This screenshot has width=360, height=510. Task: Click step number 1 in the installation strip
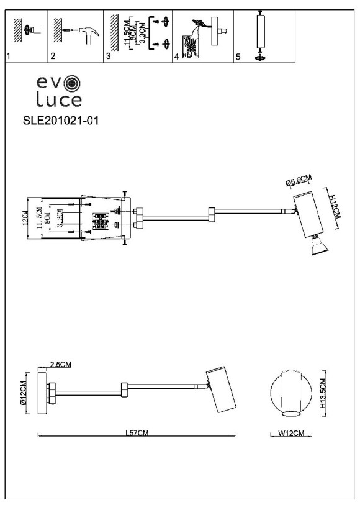[8, 57]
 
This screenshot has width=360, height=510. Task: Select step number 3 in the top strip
[108, 57]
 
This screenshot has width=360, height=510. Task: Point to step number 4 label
[176, 57]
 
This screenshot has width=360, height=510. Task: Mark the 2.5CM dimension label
[61, 365]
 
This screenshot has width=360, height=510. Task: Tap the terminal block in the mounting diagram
[100, 222]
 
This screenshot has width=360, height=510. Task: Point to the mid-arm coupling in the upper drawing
[212, 216]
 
